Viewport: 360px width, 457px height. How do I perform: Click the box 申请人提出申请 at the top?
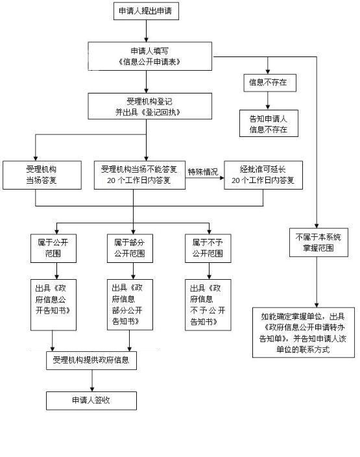tap(146, 12)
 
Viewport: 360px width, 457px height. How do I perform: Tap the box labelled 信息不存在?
tap(268, 84)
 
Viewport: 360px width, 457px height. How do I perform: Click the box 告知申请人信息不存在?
tap(268, 125)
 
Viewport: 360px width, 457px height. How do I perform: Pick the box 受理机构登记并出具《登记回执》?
tap(150, 106)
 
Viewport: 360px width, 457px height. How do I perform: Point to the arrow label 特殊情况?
tap(203, 171)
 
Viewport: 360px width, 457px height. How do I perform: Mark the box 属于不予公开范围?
tap(209, 247)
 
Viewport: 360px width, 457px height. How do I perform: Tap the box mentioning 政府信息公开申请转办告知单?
tap(304, 332)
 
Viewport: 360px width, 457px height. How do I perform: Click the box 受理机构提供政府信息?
tap(91, 360)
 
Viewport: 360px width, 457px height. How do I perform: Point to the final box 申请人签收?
tap(91, 401)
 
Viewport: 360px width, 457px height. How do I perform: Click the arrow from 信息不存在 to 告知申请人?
tap(268, 102)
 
